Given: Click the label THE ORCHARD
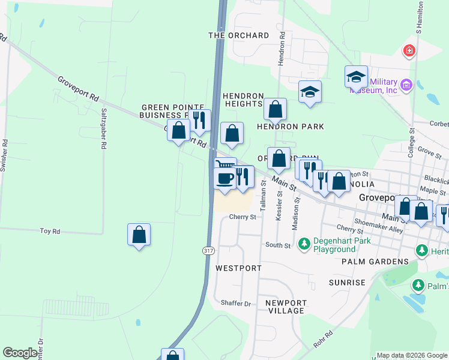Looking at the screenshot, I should (x=238, y=35).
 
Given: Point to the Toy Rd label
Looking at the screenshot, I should (x=50, y=231).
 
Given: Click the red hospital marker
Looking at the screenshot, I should (x=409, y=51).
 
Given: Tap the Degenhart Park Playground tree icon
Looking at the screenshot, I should (x=304, y=242).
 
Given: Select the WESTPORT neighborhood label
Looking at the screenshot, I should (x=238, y=268).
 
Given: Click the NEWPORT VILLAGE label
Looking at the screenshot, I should (x=286, y=307).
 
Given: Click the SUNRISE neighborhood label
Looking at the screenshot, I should (x=347, y=283).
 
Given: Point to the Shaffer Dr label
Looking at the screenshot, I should (x=235, y=304).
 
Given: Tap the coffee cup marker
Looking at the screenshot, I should (x=225, y=178).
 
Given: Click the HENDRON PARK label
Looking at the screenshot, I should (x=291, y=127).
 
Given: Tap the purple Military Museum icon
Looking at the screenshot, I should (x=406, y=85).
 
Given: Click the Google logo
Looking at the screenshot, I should (x=20, y=353).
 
